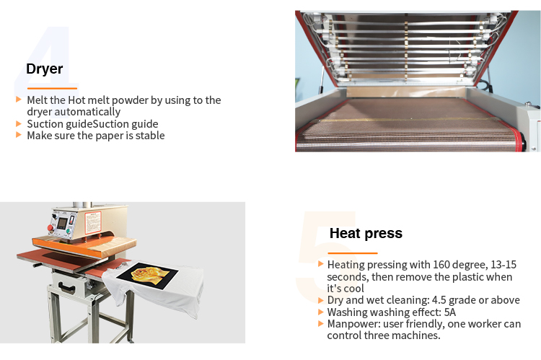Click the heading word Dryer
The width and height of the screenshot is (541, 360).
tap(45, 69)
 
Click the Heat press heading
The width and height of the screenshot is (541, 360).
tap(366, 234)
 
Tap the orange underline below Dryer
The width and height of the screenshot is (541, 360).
tap(52, 88)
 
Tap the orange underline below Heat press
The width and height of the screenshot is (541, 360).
tap(353, 253)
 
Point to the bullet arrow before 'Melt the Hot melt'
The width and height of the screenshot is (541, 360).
tap(19, 100)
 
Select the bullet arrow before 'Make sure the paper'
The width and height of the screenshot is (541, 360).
tap(19, 135)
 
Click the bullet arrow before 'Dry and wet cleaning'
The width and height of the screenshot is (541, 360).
tap(320, 300)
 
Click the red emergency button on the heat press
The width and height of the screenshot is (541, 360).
tap(50, 228)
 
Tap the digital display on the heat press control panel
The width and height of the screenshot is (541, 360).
tap(62, 224)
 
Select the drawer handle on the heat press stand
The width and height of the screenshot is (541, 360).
tap(67, 287)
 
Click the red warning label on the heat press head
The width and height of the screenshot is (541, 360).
tap(93, 222)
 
